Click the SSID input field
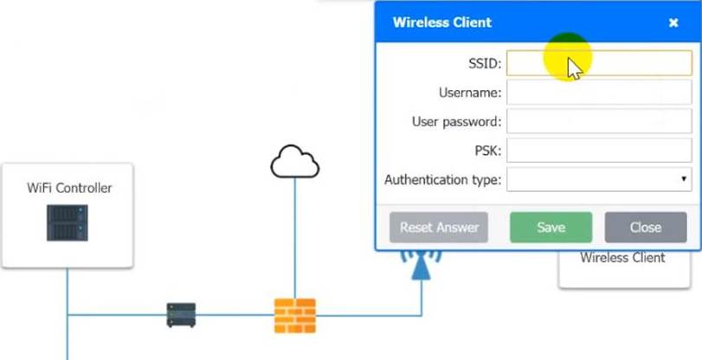pos(599,63)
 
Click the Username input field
pos(599,92)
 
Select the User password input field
pos(599,121)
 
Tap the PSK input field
pos(599,151)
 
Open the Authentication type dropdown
pos(599,180)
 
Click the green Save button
pos(551,228)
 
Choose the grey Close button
pos(645,228)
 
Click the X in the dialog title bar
pos(673,23)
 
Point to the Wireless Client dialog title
pos(441,22)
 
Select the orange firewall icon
pos(295,315)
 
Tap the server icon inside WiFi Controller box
pos(68,222)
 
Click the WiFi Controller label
pos(69,188)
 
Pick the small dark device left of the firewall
pos(181,315)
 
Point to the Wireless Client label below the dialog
pos(622,258)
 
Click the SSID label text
pos(483,63)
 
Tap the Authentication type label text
pos(442,180)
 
